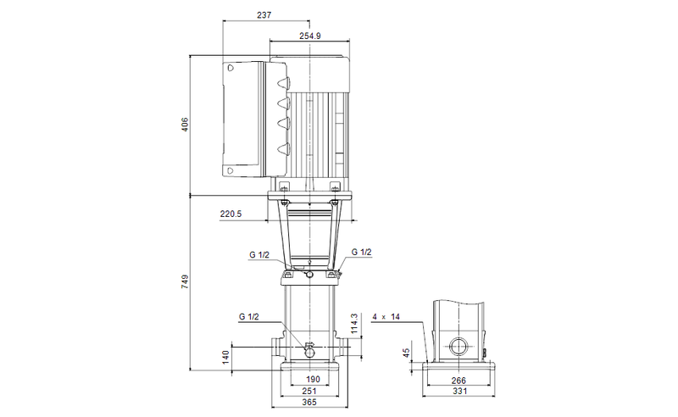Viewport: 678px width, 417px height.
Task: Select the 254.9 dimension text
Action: [x=310, y=36]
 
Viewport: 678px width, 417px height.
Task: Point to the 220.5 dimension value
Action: [x=231, y=214]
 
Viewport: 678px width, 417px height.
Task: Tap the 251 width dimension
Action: [x=309, y=391]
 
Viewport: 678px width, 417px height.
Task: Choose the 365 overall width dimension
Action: [x=309, y=403]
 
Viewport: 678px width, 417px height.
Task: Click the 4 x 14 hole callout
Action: [x=384, y=316]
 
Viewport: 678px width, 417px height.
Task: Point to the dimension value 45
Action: [x=406, y=353]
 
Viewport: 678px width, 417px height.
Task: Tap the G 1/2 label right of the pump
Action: [x=361, y=253]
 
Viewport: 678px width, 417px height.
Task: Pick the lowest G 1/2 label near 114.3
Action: [x=249, y=316]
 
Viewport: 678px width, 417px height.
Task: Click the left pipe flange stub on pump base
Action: [x=278, y=347]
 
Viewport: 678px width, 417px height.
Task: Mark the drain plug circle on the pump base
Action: [x=309, y=351]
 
